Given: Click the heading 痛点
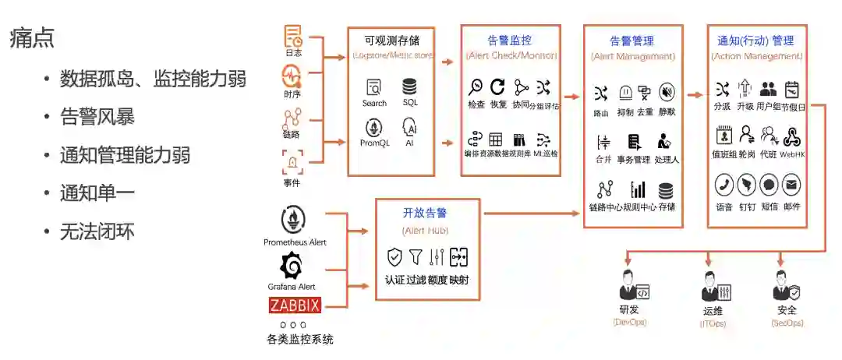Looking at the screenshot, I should click(32, 39).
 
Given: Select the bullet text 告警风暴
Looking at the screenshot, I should click(97, 117).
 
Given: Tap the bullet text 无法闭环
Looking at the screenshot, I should click(97, 231).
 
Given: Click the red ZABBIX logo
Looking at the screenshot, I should click(295, 305).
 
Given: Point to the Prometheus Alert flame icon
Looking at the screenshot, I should click(293, 219).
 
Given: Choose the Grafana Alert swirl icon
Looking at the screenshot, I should click(292, 266).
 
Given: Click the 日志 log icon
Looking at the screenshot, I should click(293, 36).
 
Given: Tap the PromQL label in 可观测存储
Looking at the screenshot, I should click(374, 143).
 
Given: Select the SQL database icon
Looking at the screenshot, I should click(409, 86).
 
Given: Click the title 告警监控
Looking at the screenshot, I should click(510, 40).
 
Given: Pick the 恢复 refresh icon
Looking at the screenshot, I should click(497, 86).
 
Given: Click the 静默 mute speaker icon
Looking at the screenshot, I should click(667, 93).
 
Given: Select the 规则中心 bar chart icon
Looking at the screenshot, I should click(639, 189).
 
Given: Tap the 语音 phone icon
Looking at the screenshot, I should click(723, 185).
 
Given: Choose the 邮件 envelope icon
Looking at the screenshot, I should click(791, 185).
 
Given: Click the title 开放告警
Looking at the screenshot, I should click(425, 213).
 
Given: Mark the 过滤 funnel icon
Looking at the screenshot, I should click(416, 256).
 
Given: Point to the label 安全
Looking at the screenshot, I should click(787, 310).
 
